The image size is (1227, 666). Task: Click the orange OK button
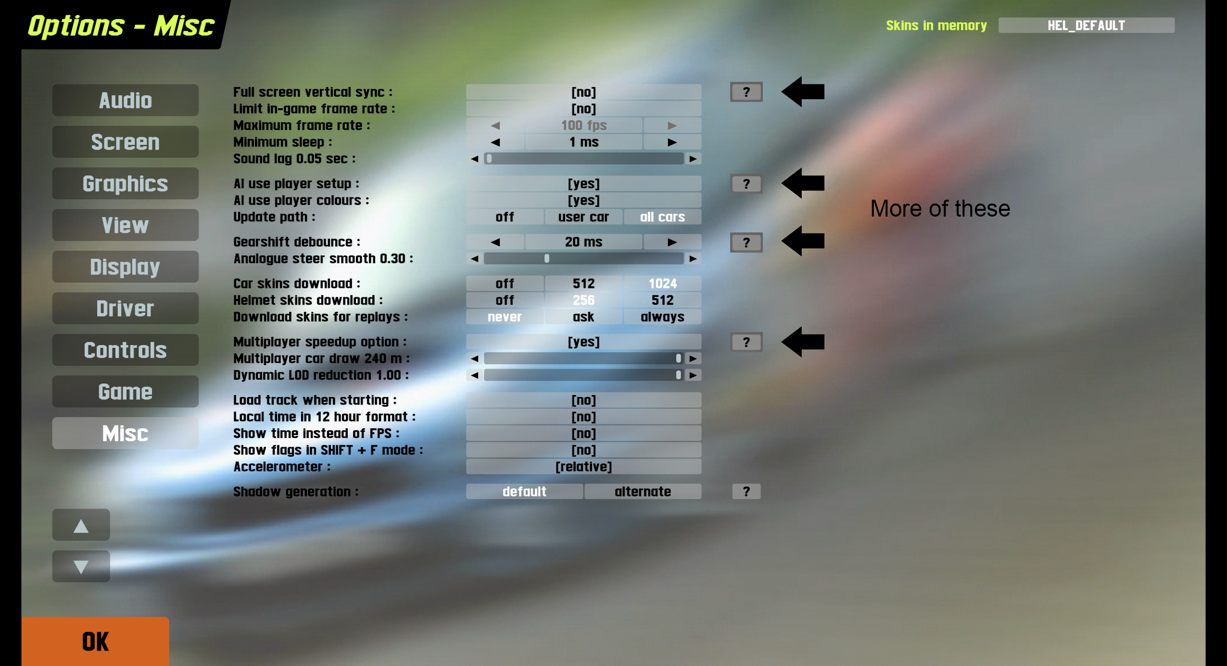[95, 641]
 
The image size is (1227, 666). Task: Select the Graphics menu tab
[125, 183]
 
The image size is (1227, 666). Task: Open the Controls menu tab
[125, 350]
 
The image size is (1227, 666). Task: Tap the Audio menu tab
[125, 100]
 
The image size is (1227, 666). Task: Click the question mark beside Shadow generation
[746, 491]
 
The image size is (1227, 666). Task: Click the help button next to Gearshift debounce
[746, 242]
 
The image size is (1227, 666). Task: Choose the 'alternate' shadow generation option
[643, 491]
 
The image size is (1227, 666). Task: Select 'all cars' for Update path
[662, 217]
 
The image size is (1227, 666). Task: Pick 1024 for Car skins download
[662, 283]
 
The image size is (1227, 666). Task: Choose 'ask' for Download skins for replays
[583, 317]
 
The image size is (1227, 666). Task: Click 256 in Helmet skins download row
[583, 300]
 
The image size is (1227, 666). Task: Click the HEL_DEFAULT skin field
[1086, 26]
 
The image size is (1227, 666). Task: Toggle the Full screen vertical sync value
[583, 92]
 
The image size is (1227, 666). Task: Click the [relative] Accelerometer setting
[583, 467]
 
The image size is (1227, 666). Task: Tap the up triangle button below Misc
[81, 525]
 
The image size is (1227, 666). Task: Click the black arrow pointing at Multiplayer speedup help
[803, 342]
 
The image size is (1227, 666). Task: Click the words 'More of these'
[940, 209]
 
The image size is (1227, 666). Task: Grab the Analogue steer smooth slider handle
[547, 259]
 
